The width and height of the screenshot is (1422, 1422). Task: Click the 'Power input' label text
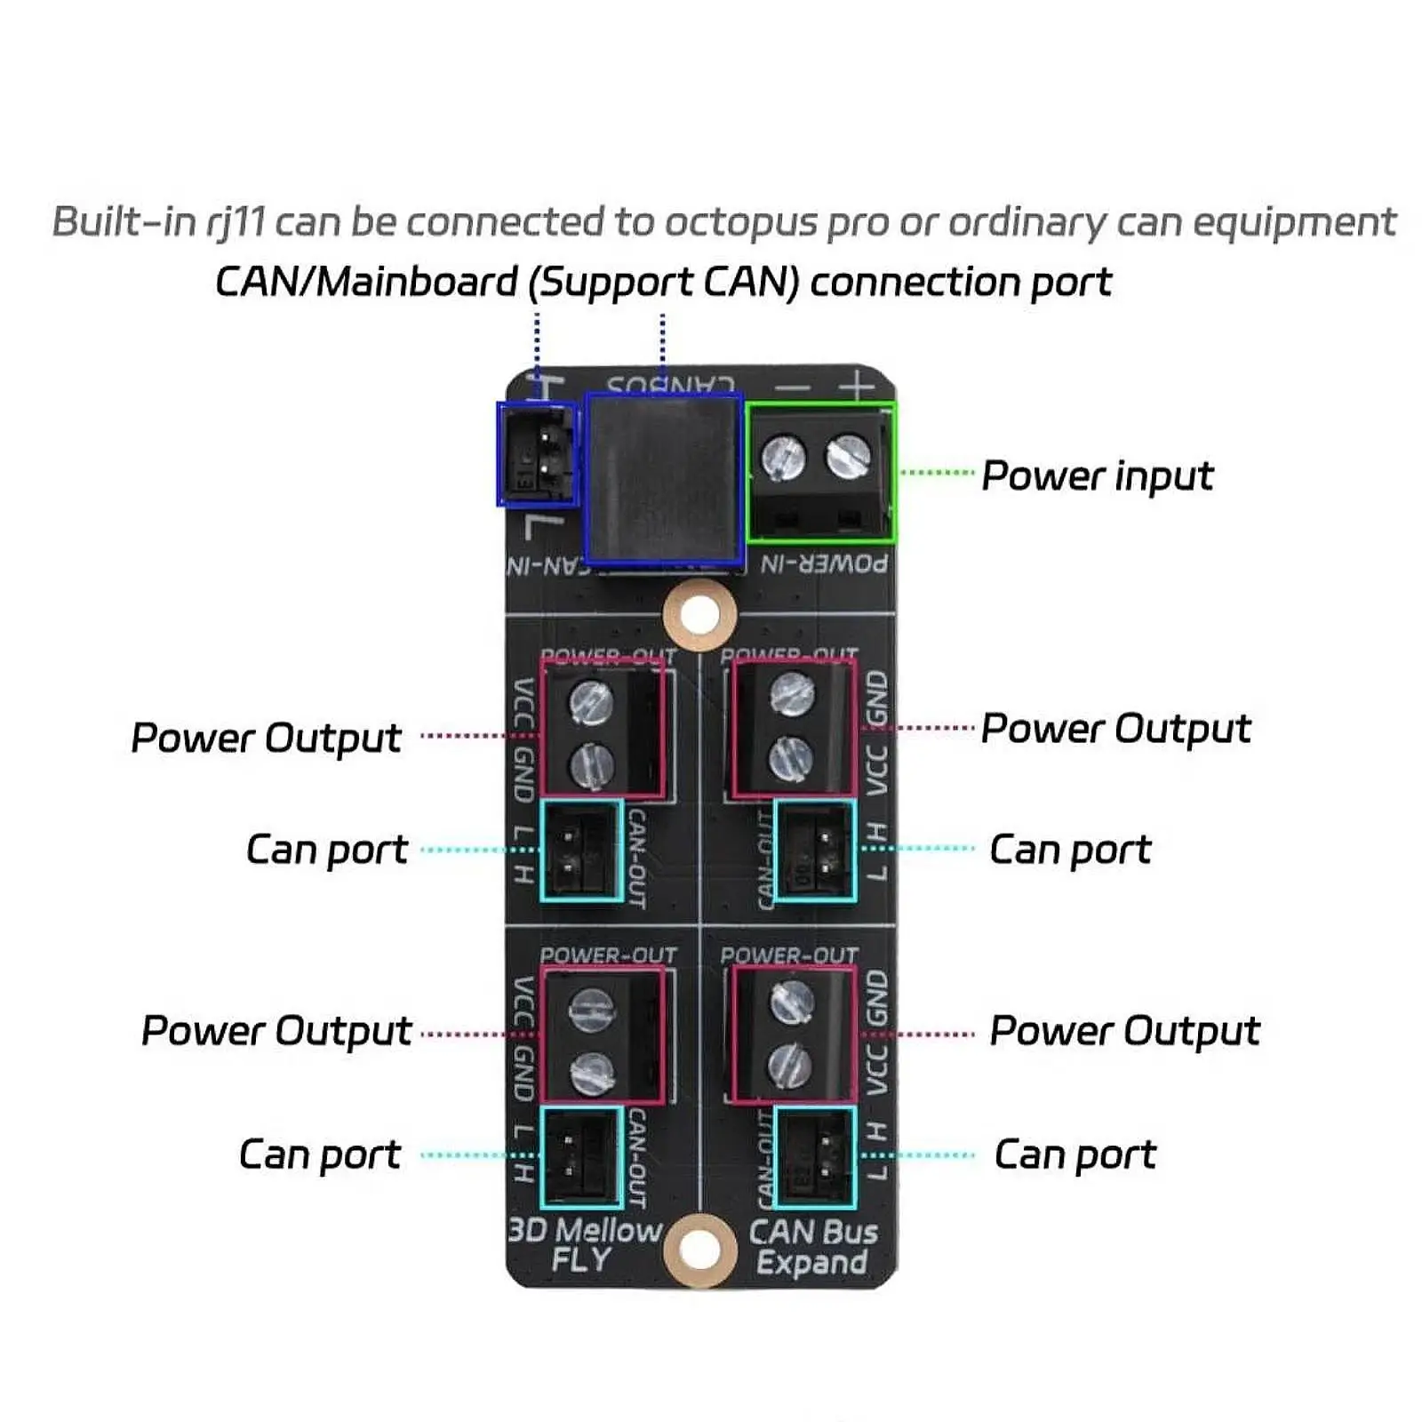point(1097,475)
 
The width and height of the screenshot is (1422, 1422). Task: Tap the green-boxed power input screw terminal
point(820,472)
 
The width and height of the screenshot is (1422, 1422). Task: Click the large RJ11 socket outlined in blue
point(664,479)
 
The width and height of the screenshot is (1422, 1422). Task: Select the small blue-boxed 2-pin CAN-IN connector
point(537,453)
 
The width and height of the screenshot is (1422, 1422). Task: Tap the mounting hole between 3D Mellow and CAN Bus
point(699,1250)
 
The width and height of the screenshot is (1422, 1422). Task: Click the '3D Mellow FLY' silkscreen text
point(584,1244)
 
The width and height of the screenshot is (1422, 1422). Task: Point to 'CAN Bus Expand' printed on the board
point(812,1247)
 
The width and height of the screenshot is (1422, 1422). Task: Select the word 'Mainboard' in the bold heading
point(417,283)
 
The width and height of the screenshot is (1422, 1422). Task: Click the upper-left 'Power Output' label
point(266,738)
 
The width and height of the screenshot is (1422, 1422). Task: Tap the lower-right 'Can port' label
point(1074,1155)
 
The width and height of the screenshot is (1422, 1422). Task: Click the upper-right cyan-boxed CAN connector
point(815,851)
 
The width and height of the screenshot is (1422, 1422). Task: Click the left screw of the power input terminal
point(784,457)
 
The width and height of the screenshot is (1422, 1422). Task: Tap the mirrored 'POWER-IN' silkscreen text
point(824,563)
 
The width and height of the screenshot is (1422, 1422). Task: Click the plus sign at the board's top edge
point(856,386)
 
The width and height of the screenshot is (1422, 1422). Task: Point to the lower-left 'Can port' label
point(320,1155)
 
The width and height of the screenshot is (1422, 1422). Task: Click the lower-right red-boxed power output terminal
point(795,1035)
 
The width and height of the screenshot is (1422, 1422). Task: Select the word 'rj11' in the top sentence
point(236,222)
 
